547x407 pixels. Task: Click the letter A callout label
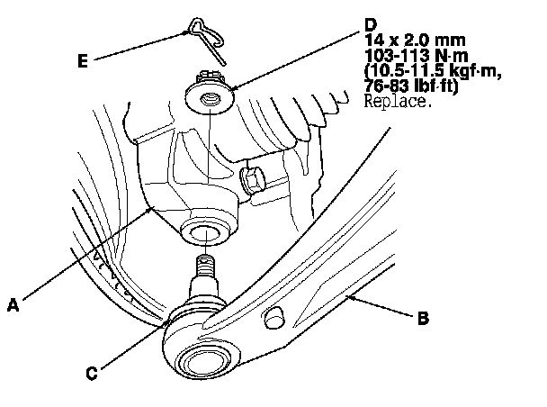point(13,305)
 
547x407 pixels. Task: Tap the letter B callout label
point(423,318)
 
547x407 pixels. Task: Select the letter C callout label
point(92,373)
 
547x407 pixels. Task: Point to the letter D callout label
point(371,25)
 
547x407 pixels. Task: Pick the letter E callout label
point(83,60)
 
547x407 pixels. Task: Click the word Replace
point(395,101)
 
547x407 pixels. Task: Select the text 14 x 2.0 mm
point(415,41)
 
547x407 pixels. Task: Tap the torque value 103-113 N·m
point(417,56)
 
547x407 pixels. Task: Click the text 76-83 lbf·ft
point(411,86)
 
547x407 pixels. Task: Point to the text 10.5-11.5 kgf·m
point(433,71)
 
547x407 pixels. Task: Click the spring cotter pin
point(207,40)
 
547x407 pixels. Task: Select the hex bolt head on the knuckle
point(252,179)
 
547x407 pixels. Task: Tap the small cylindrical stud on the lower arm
point(274,317)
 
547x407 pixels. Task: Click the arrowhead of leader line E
point(187,32)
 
